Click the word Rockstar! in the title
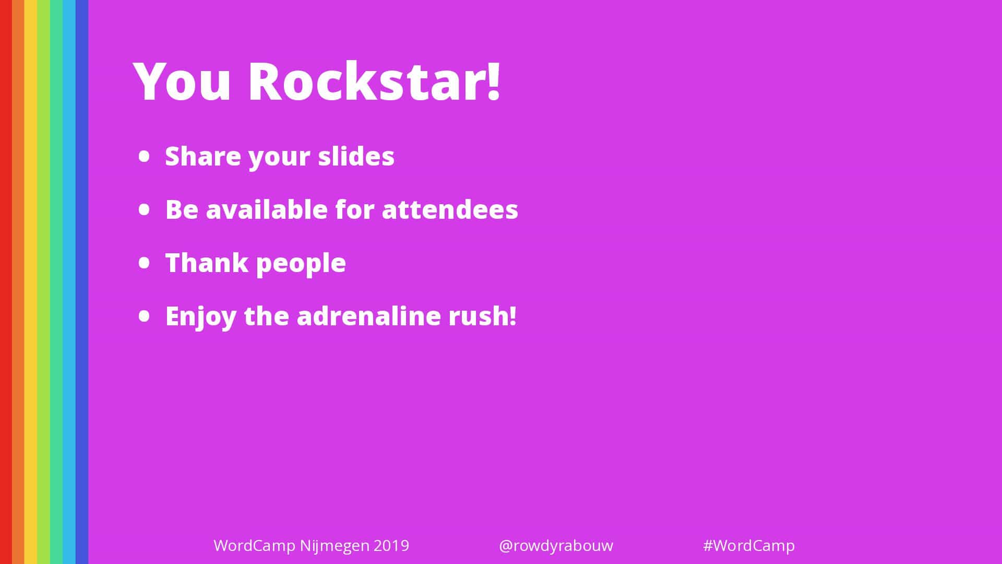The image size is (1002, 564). (x=374, y=81)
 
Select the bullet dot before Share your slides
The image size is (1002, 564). (x=145, y=156)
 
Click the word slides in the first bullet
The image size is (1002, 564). (x=356, y=156)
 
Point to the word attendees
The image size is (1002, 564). (x=450, y=209)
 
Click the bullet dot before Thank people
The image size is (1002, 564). (x=145, y=263)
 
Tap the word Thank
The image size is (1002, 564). (x=207, y=263)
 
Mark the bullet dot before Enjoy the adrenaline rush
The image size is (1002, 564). (x=145, y=316)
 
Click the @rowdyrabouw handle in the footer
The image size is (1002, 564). (x=556, y=546)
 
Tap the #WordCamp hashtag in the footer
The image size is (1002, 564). (x=749, y=546)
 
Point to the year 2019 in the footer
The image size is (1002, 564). (x=391, y=546)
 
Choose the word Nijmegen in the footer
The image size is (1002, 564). (x=335, y=547)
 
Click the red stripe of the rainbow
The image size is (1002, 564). (x=6, y=282)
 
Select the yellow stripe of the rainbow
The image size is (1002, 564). (x=31, y=282)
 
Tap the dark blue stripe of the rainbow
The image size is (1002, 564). (x=82, y=282)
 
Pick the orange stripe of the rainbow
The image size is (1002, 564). (x=18, y=282)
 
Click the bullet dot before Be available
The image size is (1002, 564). (x=145, y=209)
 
